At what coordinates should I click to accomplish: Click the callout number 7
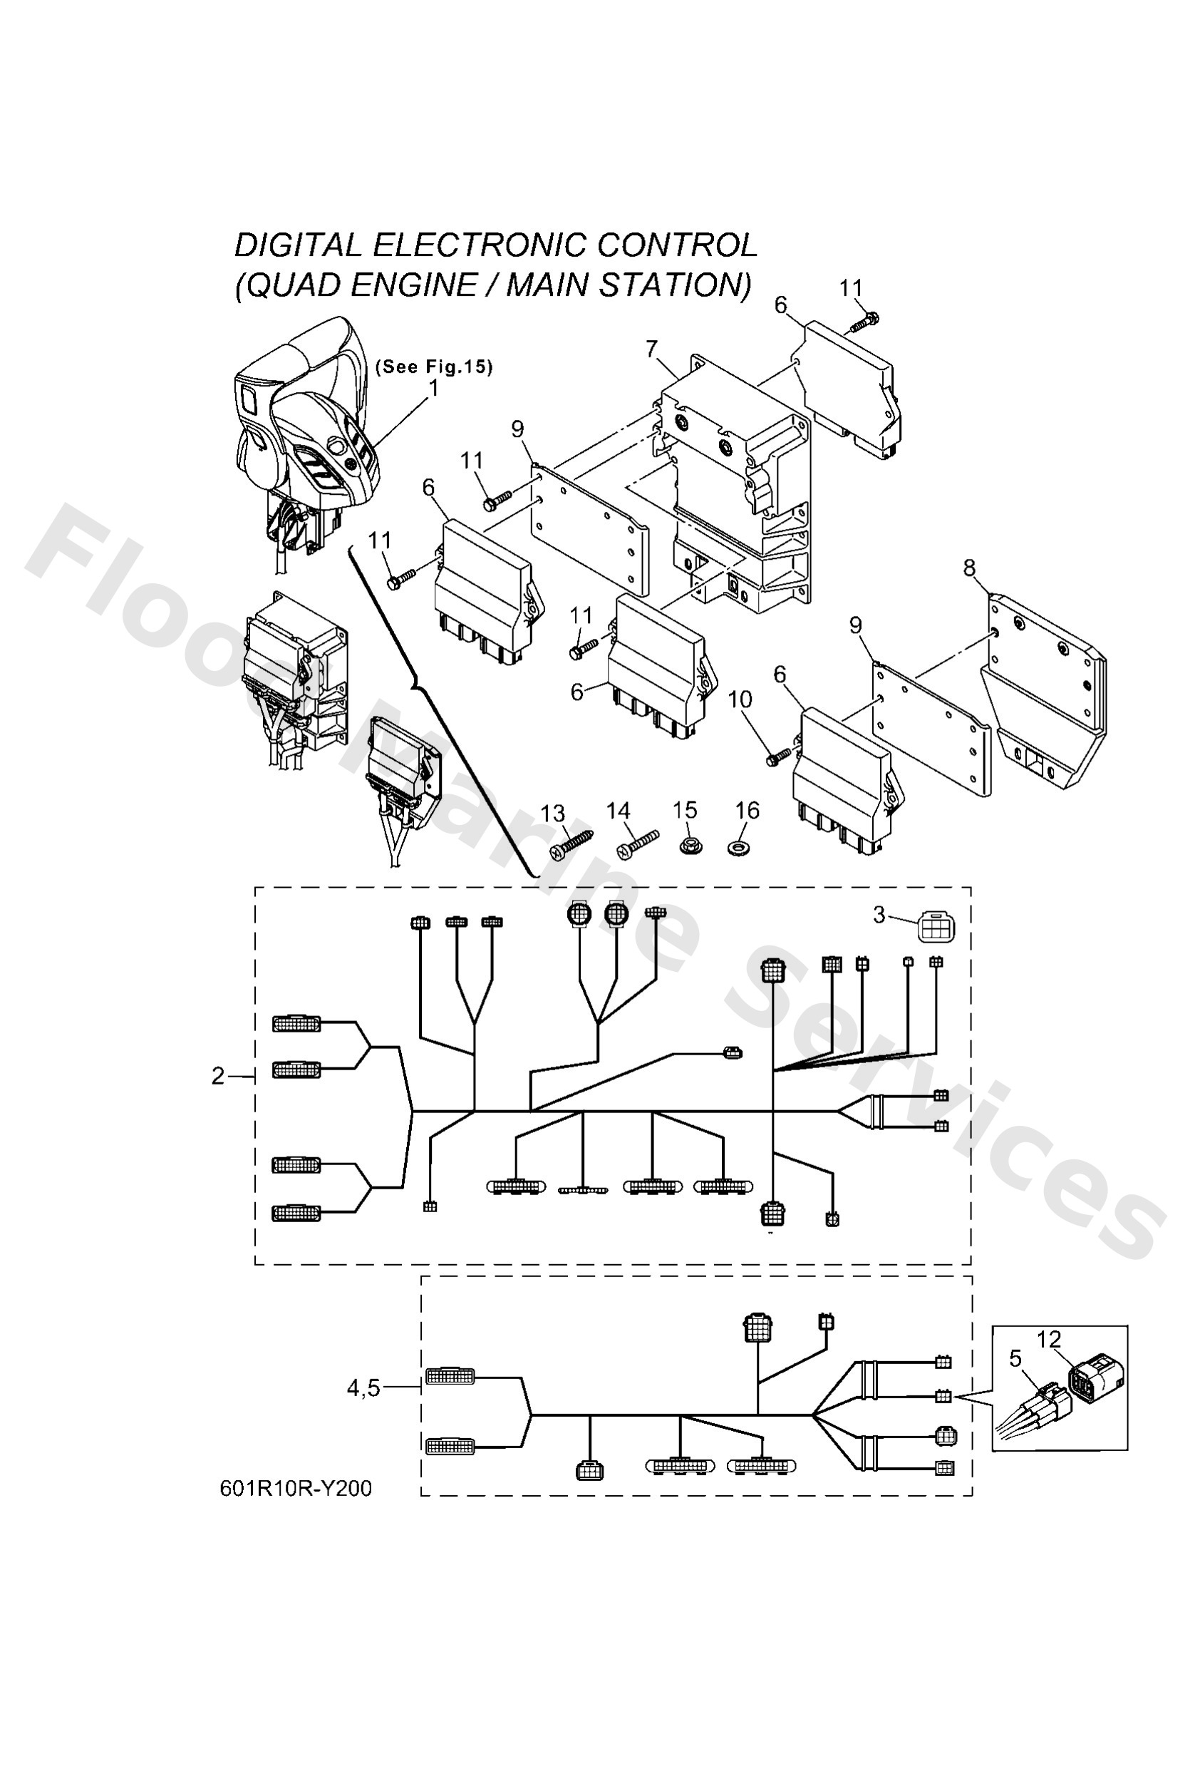pos(651,349)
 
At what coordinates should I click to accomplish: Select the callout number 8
pos(968,568)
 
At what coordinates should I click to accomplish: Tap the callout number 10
pos(740,699)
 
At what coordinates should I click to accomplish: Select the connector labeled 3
pos(936,926)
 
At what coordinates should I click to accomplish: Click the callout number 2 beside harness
pos(217,1077)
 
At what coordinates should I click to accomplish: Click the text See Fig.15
pos(434,367)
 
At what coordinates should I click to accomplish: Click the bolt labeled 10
pos(777,758)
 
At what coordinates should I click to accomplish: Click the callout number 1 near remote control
pos(433,388)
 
